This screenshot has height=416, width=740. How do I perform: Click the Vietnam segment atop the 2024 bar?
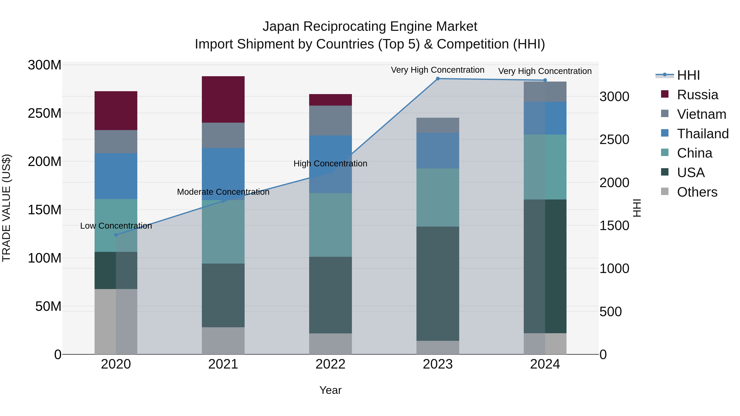(545, 92)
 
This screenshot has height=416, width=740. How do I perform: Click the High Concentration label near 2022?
(330, 164)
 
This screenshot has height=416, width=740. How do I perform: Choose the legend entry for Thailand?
(702, 134)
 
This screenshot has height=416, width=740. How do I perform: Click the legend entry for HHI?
(688, 75)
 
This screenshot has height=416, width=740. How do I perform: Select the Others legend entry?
(697, 192)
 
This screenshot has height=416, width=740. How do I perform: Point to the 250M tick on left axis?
(45, 113)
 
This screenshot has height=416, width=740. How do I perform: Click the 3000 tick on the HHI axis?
(614, 97)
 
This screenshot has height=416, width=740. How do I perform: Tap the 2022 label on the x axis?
(330, 364)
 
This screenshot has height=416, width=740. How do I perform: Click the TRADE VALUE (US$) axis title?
(6, 208)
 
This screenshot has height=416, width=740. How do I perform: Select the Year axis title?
(330, 390)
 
